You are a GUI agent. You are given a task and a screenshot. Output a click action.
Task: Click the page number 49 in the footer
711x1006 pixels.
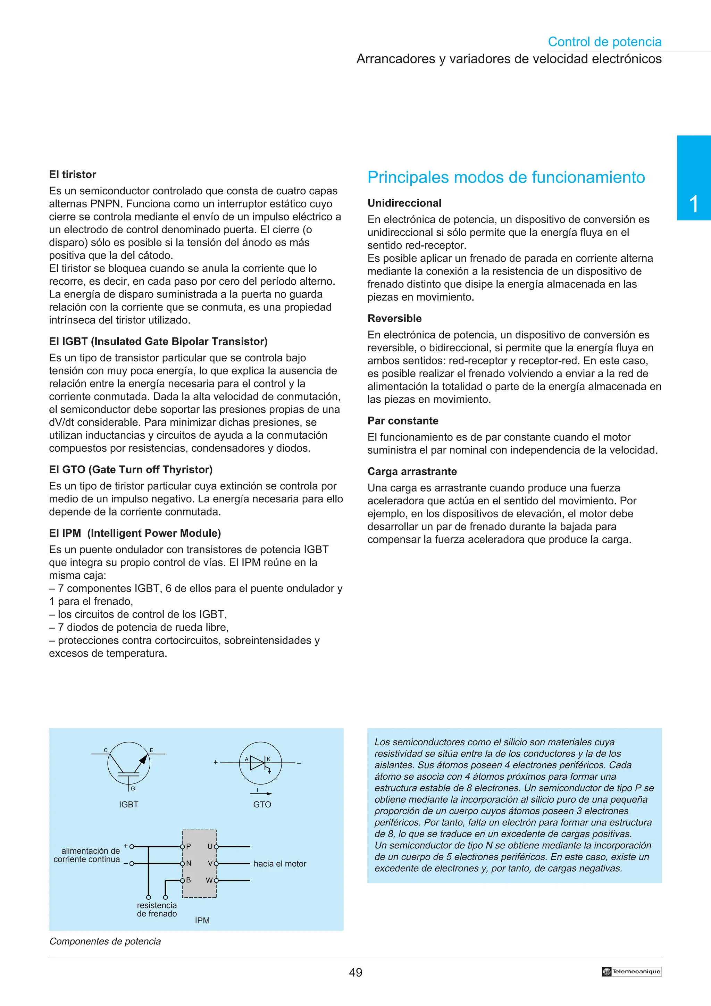(355, 972)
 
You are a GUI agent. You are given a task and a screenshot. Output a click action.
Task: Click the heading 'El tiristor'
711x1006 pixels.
(72, 174)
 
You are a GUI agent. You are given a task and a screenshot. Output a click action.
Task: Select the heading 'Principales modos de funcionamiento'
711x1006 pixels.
(505, 177)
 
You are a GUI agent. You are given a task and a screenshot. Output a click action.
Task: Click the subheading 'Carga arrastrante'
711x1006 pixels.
(412, 471)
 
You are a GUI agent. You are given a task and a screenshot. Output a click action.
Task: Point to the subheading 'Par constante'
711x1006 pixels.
(403, 421)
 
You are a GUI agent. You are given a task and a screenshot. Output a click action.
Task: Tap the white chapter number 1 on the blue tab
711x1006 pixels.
(694, 204)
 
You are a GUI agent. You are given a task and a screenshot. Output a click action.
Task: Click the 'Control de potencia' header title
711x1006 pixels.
(604, 42)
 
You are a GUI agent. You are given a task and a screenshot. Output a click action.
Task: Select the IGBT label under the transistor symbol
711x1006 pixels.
(128, 804)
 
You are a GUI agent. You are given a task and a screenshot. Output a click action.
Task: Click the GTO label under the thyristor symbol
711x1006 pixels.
(262, 804)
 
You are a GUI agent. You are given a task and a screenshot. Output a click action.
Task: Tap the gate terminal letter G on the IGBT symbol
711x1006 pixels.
(133, 789)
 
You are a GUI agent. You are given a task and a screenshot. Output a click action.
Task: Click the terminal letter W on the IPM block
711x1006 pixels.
(209, 880)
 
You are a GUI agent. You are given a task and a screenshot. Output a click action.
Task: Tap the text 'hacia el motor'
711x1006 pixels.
(279, 864)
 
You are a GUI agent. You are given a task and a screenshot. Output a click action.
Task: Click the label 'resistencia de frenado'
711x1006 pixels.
(157, 909)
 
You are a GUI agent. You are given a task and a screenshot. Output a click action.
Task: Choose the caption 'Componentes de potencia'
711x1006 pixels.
(105, 941)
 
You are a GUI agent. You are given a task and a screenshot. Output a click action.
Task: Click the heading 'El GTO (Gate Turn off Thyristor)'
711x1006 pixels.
(131, 470)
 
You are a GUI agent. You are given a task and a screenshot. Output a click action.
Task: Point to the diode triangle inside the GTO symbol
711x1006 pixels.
(257, 763)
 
